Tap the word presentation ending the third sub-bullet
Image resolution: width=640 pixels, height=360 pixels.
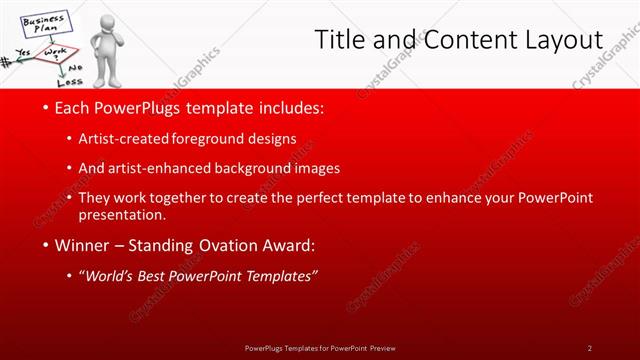pyautogui.click(x=128, y=214)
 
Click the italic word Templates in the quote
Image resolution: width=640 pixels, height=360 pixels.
pyautogui.click(x=280, y=276)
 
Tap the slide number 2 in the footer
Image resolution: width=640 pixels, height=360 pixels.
pyautogui.click(x=590, y=348)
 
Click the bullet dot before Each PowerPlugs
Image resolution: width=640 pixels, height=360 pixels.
pyautogui.click(x=46, y=107)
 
